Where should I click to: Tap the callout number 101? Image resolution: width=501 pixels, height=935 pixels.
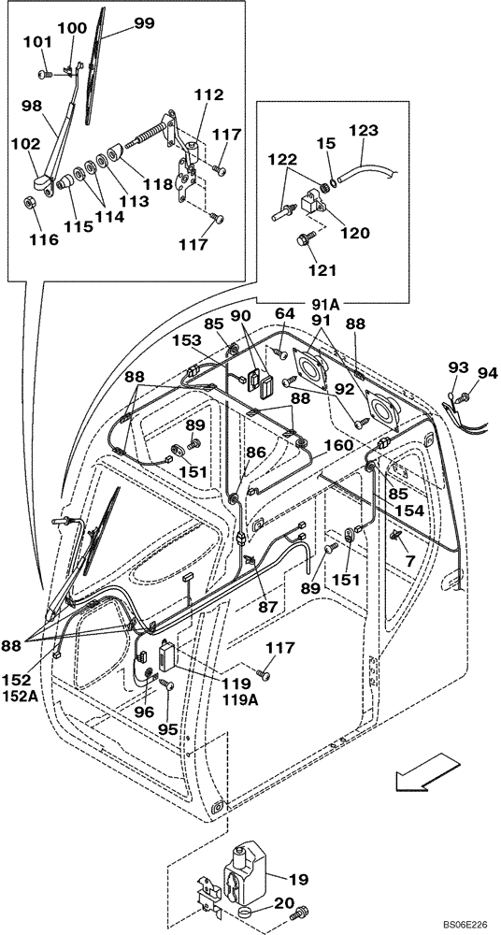tap(38, 42)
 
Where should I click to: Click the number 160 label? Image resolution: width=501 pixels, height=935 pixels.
tap(340, 445)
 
